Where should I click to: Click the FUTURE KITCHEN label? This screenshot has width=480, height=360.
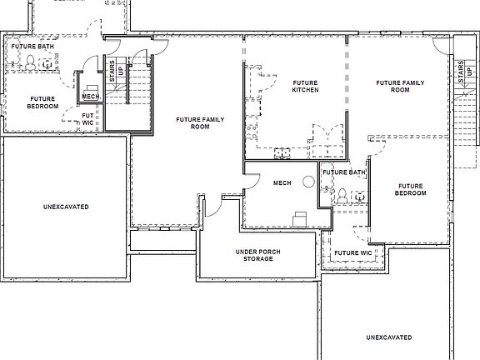pyautogui.click(x=306, y=86)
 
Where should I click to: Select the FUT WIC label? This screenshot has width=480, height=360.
pyautogui.click(x=87, y=119)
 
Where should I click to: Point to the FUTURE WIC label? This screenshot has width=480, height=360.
pyautogui.click(x=352, y=252)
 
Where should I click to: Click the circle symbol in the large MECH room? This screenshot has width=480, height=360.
pyautogui.click(x=308, y=181)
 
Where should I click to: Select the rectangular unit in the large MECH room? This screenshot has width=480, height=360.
pyautogui.click(x=298, y=217)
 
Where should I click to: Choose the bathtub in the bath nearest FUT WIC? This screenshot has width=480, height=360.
pyautogui.click(x=12, y=58)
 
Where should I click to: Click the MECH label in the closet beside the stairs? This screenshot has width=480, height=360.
pyautogui.click(x=90, y=96)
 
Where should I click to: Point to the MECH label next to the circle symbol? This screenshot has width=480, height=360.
pyautogui.click(x=282, y=183)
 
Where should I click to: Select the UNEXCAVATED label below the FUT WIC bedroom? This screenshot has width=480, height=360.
pyautogui.click(x=65, y=206)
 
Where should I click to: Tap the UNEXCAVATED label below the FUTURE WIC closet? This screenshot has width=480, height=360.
pyautogui.click(x=389, y=337)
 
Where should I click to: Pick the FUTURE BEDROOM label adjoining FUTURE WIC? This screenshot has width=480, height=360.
pyautogui.click(x=411, y=189)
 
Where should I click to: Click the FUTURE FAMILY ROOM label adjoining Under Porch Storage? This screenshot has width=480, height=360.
pyautogui.click(x=198, y=123)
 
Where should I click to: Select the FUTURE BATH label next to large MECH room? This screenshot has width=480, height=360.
pyautogui.click(x=344, y=172)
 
